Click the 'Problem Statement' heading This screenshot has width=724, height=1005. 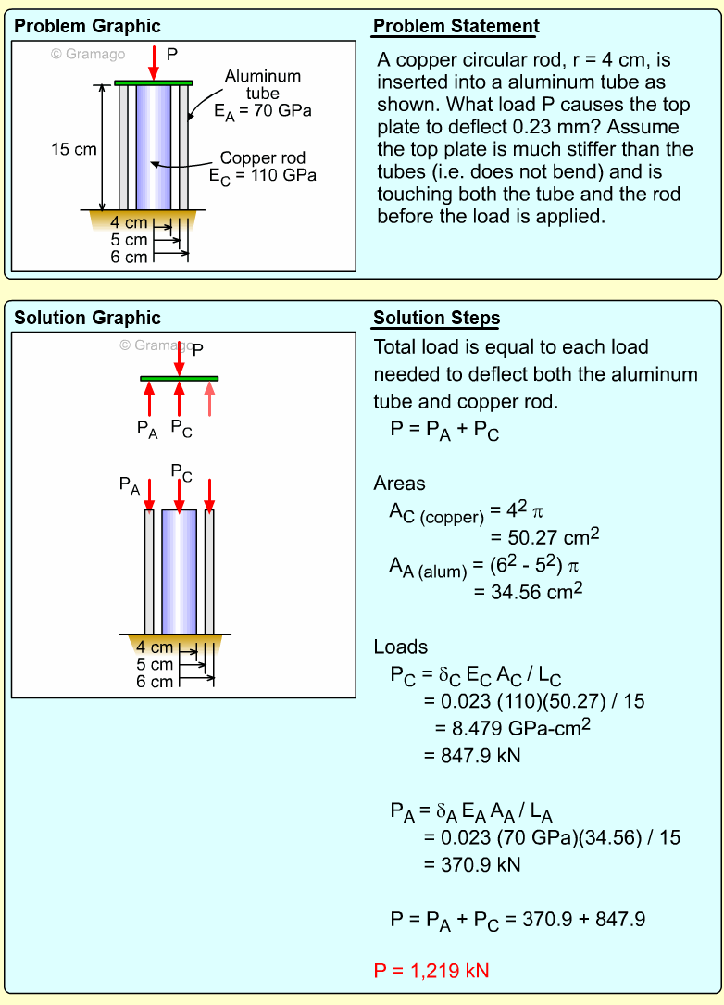[x=456, y=26]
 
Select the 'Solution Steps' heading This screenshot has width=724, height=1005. [x=436, y=319]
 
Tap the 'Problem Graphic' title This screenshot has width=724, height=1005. [x=87, y=26]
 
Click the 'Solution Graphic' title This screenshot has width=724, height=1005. [x=87, y=318]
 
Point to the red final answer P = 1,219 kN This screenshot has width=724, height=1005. [x=431, y=971]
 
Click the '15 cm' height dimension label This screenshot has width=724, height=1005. [x=73, y=148]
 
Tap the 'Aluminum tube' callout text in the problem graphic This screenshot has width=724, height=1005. [x=262, y=85]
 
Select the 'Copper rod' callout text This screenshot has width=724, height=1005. [x=263, y=158]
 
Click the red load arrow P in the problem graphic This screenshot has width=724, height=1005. [x=154, y=62]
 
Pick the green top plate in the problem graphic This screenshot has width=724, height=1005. [x=154, y=82]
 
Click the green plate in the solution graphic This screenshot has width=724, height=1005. [x=180, y=378]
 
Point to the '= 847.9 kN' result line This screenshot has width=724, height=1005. [x=472, y=755]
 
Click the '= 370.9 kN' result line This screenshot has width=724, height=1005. [x=472, y=864]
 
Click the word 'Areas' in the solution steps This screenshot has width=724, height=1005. [x=399, y=483]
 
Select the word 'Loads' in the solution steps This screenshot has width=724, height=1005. [x=400, y=647]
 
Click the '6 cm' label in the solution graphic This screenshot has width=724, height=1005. [x=155, y=682]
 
